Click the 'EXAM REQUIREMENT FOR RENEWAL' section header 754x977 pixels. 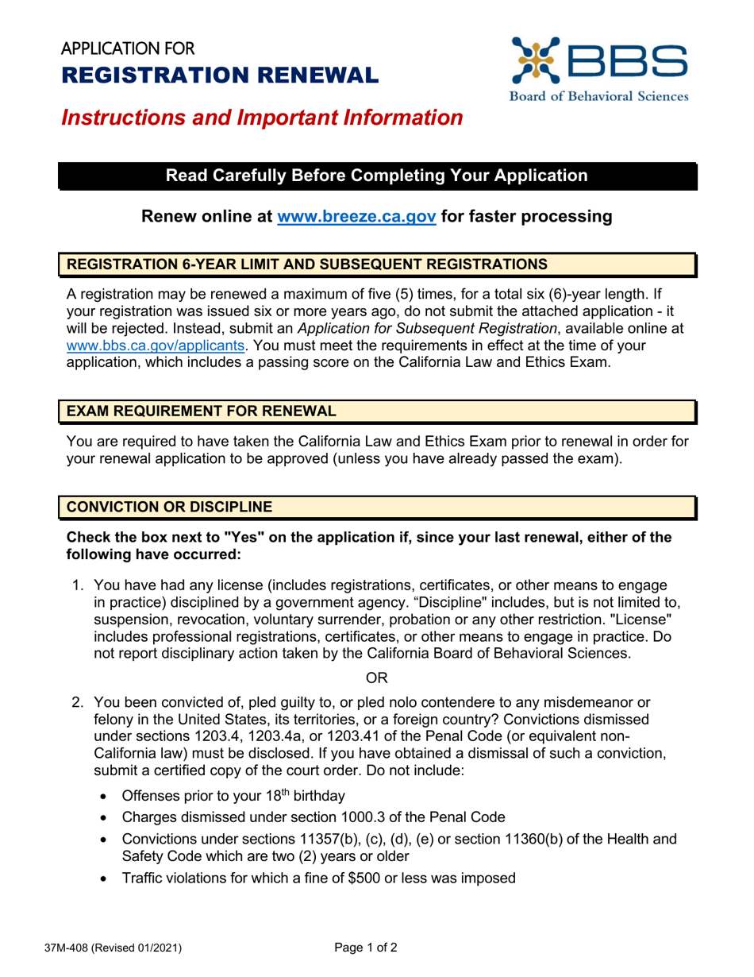[201, 411]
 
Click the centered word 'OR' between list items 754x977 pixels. [376, 677]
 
